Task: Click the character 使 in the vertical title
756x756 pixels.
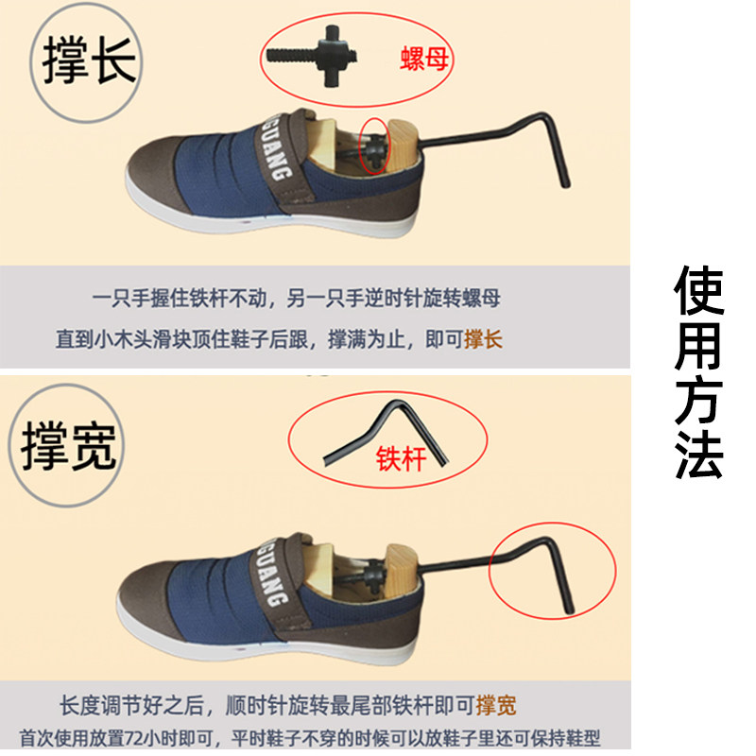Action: pos(699,290)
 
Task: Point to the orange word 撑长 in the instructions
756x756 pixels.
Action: pos(483,338)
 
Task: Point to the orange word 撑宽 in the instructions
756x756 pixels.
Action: pos(496,705)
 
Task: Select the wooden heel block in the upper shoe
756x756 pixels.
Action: pos(401,147)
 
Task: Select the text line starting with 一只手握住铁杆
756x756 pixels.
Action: pos(296,299)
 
